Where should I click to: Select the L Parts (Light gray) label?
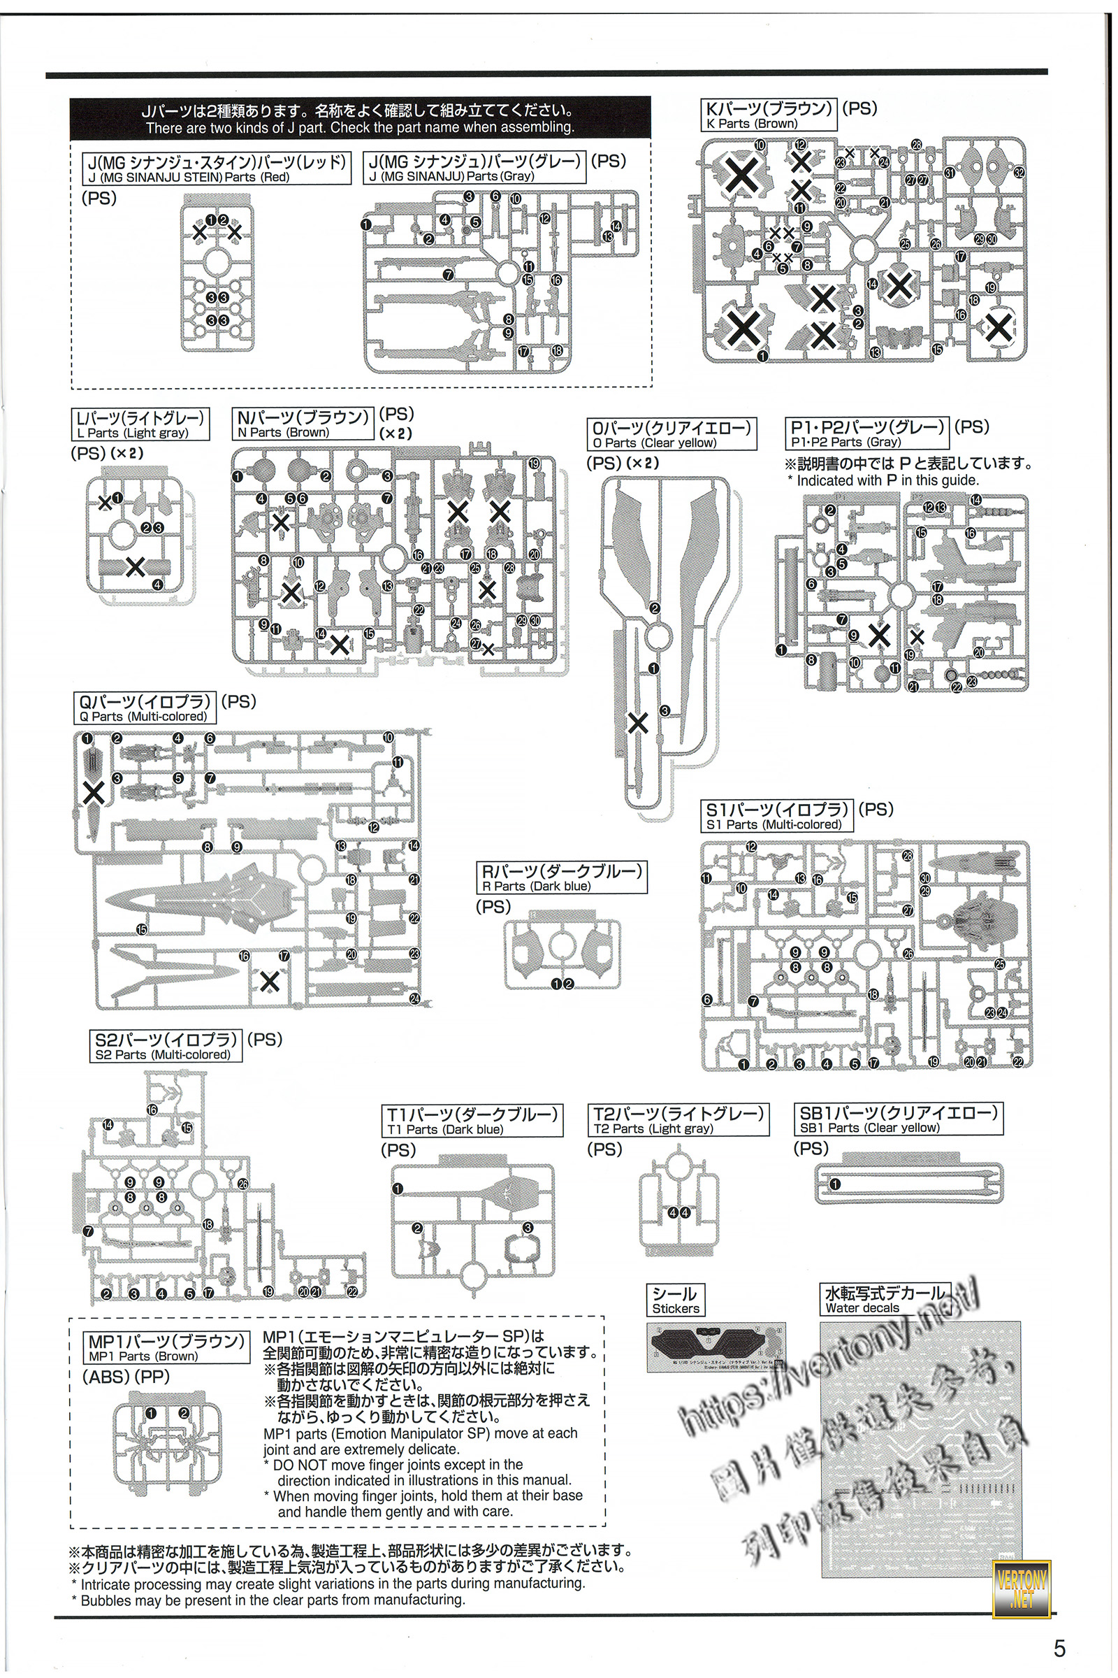click(x=141, y=424)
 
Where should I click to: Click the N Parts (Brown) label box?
click(x=303, y=424)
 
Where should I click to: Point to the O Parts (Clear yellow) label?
click(x=670, y=434)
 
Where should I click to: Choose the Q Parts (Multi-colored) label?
click(x=145, y=708)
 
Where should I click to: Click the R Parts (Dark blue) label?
click(x=562, y=877)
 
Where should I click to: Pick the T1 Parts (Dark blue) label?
click(x=472, y=1121)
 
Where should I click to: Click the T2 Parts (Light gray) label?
click(x=678, y=1120)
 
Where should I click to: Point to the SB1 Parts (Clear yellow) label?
click(x=899, y=1119)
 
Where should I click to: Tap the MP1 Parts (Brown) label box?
click(x=166, y=1347)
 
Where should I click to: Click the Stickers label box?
click(x=675, y=1300)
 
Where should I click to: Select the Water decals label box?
click(x=884, y=1300)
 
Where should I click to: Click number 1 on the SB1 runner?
click(x=835, y=1184)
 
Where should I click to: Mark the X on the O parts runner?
click(x=637, y=723)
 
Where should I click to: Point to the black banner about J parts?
click(x=360, y=118)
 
